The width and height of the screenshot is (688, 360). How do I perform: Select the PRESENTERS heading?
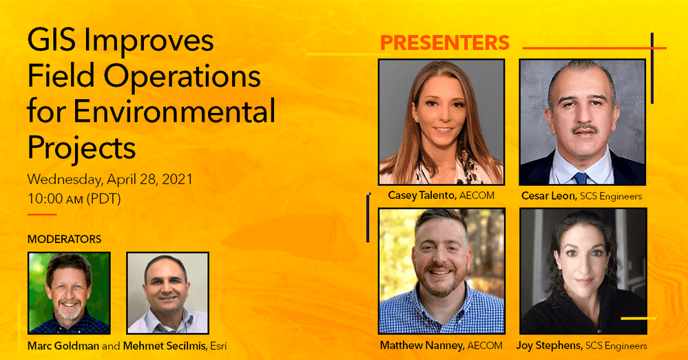pos(444,43)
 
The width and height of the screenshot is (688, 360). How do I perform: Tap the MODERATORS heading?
pos(64,240)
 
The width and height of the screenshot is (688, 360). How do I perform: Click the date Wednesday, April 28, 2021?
pos(110,180)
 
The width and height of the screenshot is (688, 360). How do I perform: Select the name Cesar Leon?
pos(549,196)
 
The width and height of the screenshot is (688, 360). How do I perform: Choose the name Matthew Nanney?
pos(421,345)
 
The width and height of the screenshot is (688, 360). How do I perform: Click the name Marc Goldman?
pos(63,346)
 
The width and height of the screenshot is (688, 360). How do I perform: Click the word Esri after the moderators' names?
pos(216,346)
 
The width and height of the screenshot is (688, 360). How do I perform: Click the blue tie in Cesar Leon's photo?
pos(580,178)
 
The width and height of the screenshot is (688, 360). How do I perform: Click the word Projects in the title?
pos(81,147)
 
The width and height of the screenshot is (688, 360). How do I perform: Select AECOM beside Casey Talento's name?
pos(477,195)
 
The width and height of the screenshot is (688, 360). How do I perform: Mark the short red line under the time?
pos(41,215)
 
